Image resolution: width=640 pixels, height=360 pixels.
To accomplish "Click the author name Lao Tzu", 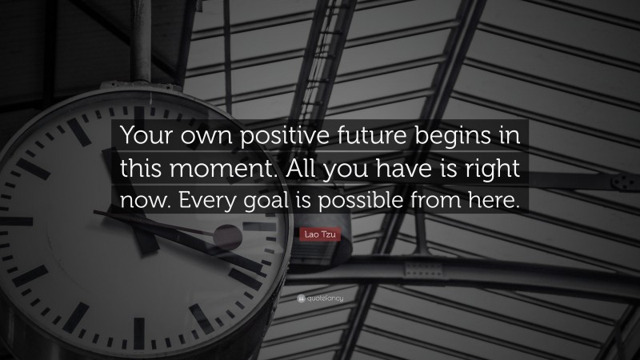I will (x=319, y=233).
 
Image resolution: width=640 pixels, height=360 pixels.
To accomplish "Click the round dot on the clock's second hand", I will (x=228, y=237).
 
